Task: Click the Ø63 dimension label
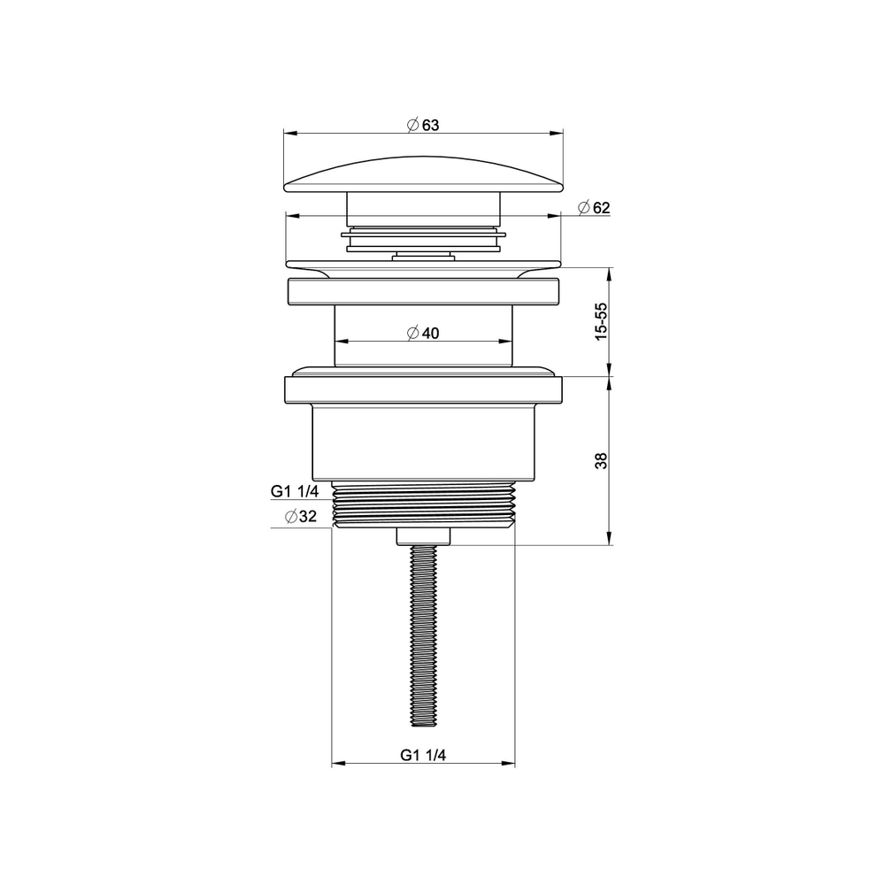[x=423, y=125]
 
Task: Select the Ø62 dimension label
[x=593, y=207]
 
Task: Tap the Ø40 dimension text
[x=423, y=333]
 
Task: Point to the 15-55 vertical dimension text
[x=602, y=320]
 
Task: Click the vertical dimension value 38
[x=602, y=460]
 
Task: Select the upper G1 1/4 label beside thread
[x=296, y=493]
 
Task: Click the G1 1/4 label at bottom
[x=423, y=755]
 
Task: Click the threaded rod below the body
[x=423, y=637]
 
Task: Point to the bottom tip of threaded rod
[x=423, y=723]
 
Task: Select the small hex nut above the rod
[x=423, y=535]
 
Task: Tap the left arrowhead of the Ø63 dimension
[x=288, y=135]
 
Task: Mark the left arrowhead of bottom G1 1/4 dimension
[x=336, y=765]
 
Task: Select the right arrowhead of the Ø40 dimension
[x=509, y=342]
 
